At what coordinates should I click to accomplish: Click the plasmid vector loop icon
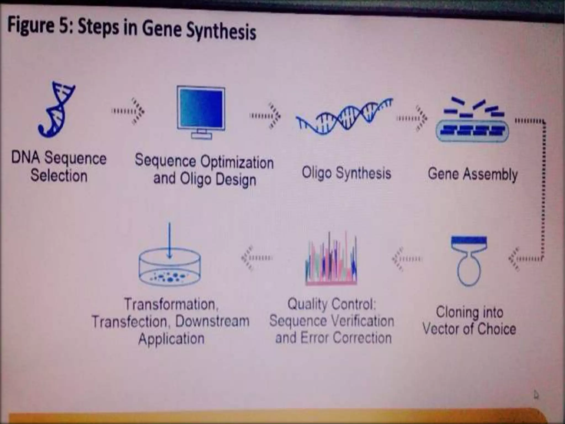469,261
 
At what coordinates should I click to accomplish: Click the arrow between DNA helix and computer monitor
128,111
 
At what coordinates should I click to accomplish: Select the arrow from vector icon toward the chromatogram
407,259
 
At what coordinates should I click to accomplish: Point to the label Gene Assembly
472,174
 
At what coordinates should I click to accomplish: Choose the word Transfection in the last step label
130,322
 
